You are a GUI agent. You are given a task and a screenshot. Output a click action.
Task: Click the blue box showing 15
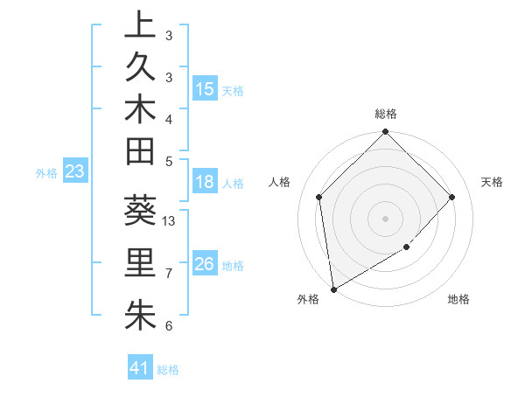pos(205,89)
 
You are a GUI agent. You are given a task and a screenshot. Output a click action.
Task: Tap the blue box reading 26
pos(205,264)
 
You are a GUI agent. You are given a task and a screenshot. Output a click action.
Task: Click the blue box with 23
pos(75,172)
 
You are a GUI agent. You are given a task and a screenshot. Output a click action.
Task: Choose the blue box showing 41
pos(140,368)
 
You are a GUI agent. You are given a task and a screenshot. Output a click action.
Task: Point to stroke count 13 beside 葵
pos(170,221)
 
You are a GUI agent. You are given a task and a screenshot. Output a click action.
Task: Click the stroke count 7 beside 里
pos(169,274)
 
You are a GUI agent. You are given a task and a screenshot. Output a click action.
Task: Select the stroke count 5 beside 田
pos(169,161)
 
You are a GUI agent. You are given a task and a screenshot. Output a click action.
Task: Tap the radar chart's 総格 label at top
pos(386,114)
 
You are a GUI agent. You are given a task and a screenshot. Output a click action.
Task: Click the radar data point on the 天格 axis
pos(452,197)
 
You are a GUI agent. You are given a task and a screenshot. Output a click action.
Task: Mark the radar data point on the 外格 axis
pos(333,289)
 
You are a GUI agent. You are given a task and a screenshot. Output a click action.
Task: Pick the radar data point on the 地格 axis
pos(407,247)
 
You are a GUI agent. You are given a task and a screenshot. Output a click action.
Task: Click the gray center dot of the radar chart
pos(386,218)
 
